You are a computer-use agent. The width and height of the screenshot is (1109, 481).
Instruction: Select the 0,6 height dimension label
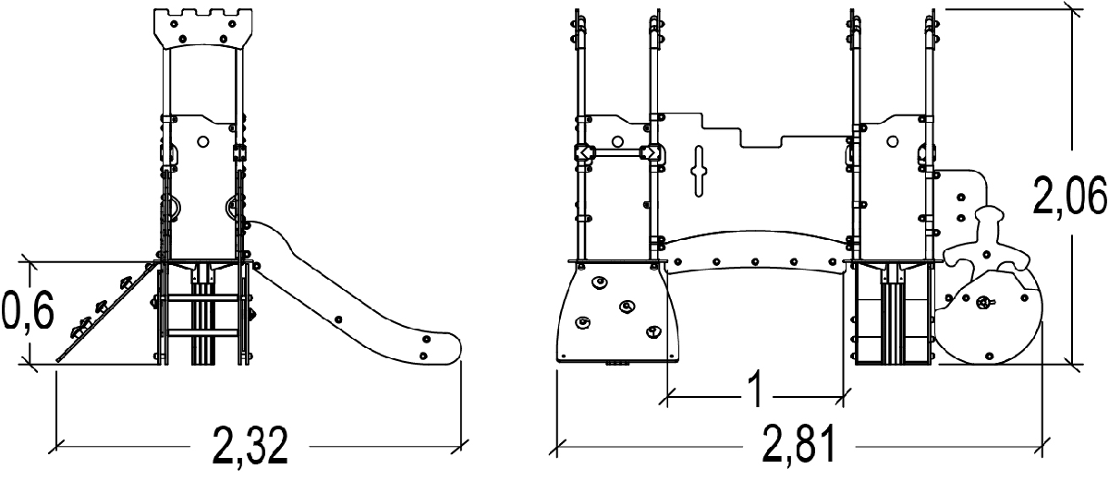26,313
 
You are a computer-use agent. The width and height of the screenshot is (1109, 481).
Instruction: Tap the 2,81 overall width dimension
799,445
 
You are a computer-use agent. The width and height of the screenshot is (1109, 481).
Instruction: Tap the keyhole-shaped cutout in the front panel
701,171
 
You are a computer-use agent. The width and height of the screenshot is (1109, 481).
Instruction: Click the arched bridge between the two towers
755,253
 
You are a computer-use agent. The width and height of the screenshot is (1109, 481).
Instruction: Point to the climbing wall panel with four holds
617,312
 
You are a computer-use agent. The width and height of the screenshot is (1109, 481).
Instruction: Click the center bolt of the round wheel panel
985,301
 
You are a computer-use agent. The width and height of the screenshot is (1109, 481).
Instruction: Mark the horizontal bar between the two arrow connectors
616,153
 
